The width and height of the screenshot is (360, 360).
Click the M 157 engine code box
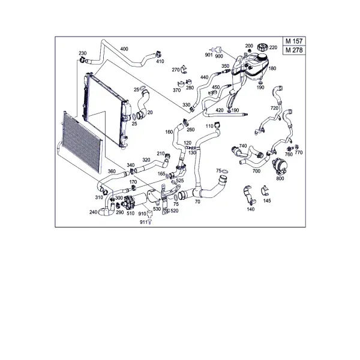(x=294, y=41)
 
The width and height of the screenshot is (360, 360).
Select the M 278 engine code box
(x=294, y=50)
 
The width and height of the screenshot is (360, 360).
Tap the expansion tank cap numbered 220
(x=263, y=47)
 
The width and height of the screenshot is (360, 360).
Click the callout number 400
(x=124, y=49)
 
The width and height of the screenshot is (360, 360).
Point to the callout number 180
(x=272, y=68)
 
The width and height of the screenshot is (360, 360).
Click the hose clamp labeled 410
(x=158, y=55)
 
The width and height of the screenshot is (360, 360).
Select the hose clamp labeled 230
(x=82, y=59)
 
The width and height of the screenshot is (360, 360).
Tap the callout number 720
(x=274, y=108)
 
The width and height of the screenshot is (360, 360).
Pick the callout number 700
(x=256, y=171)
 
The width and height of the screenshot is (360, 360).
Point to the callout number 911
(x=143, y=222)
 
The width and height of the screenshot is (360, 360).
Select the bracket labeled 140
(x=249, y=196)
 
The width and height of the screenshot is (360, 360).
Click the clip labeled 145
(x=265, y=191)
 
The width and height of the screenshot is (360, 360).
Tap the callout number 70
(x=197, y=202)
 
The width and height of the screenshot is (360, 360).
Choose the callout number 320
(x=146, y=160)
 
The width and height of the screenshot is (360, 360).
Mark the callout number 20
(x=150, y=112)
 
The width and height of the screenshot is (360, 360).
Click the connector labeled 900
(x=218, y=50)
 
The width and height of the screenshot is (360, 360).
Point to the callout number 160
(x=169, y=132)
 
